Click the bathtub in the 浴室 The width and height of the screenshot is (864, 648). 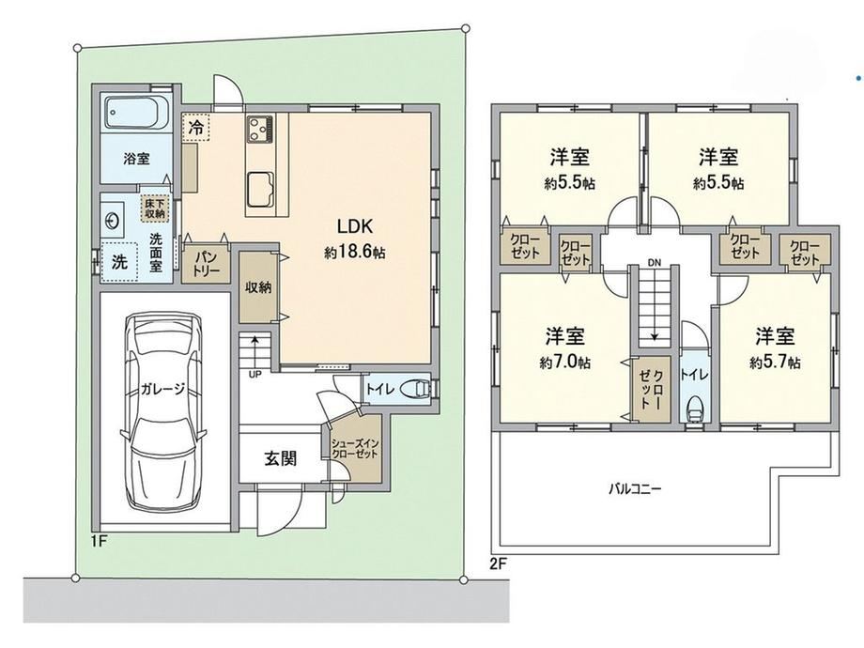(x=136, y=115)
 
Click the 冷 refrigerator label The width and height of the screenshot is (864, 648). (x=195, y=128)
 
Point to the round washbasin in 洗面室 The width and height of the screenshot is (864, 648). (x=112, y=221)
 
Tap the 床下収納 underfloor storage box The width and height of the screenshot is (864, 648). (x=155, y=208)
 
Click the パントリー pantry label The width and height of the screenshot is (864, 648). (x=206, y=265)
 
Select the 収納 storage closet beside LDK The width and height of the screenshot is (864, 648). (x=258, y=287)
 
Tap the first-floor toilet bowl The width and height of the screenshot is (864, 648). (x=416, y=389)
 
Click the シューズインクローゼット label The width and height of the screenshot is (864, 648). (x=354, y=449)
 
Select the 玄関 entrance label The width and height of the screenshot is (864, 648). (x=281, y=458)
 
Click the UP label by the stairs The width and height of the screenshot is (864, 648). (x=255, y=374)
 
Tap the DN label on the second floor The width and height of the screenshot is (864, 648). (x=654, y=263)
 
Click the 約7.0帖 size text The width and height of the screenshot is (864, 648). (x=565, y=362)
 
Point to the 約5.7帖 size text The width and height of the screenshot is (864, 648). (x=775, y=362)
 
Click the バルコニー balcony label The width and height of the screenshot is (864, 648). (x=635, y=488)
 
